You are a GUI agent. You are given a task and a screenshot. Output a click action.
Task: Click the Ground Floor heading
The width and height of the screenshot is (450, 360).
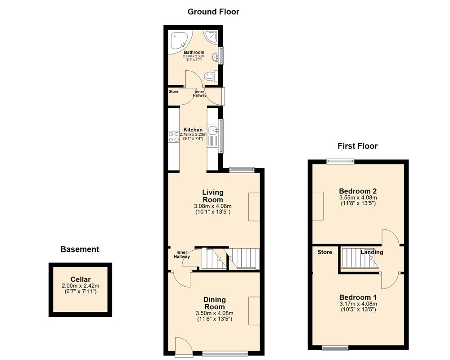(x=213, y=12)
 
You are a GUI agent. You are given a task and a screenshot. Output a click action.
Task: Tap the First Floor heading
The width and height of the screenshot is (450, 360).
(x=357, y=146)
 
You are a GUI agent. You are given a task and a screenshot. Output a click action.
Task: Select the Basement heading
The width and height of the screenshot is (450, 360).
(x=80, y=249)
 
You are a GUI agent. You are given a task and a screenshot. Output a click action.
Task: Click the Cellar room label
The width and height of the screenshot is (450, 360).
(x=80, y=279)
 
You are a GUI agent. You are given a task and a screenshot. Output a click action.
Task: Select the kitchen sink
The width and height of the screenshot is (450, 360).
(x=213, y=131)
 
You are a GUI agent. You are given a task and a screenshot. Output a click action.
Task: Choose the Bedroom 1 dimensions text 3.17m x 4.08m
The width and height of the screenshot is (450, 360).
(x=358, y=304)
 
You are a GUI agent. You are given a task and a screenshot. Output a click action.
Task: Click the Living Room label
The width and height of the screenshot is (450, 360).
(x=212, y=196)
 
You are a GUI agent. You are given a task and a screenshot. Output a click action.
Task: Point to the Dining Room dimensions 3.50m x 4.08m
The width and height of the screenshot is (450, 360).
(x=214, y=313)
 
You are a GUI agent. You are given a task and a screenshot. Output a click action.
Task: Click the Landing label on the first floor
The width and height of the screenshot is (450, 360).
(x=372, y=252)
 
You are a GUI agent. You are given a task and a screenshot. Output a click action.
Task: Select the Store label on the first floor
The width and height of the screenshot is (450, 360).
(x=324, y=252)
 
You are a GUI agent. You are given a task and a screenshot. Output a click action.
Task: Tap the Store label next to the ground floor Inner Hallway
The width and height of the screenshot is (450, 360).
(x=173, y=92)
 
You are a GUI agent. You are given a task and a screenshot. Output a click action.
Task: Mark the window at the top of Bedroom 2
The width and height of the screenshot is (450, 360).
(x=340, y=160)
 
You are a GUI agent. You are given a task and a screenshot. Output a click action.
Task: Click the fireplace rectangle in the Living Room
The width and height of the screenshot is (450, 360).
(x=254, y=207)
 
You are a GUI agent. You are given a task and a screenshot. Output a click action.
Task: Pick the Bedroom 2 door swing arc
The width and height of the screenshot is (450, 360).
(x=390, y=236)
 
